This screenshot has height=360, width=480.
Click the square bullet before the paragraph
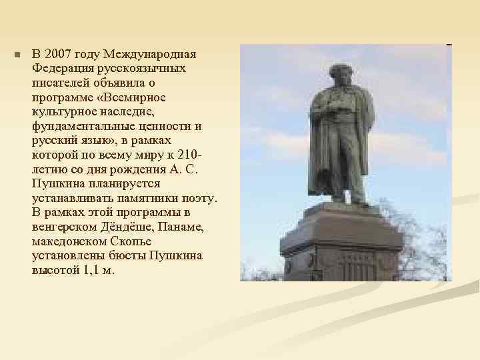coord(18,55)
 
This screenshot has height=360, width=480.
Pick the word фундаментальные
coord(81,127)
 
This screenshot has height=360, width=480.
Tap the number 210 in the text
coord(189,155)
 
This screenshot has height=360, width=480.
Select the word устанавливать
coord(73,199)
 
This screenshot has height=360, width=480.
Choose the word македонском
coord(69,242)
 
